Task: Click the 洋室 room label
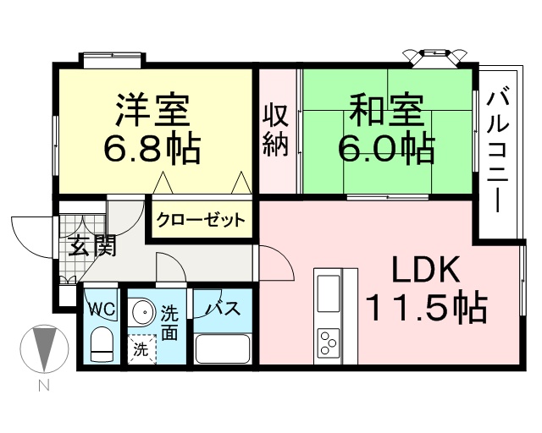(x=153, y=111)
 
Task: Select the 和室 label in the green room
(x=386, y=111)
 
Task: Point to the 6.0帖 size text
(x=386, y=149)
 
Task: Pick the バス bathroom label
(x=221, y=309)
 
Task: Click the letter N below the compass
(x=43, y=386)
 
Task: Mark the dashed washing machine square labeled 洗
(x=141, y=348)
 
